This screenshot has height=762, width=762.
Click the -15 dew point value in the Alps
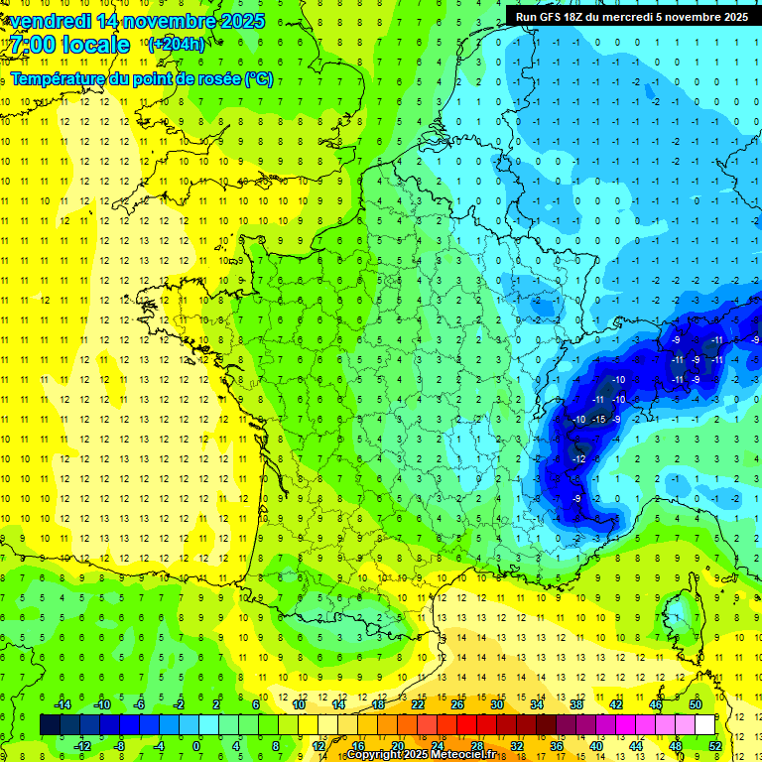point(598,420)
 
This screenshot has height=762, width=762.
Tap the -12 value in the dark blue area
point(578,459)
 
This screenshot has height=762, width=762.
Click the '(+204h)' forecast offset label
point(177,44)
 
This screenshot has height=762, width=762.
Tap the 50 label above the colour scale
point(696,704)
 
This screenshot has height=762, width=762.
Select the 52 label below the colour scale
point(714,745)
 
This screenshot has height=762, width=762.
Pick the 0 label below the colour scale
point(195,745)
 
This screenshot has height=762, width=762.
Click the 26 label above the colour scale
point(457,704)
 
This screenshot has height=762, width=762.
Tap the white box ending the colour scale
point(704,725)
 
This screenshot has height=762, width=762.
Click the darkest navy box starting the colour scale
point(50,725)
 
